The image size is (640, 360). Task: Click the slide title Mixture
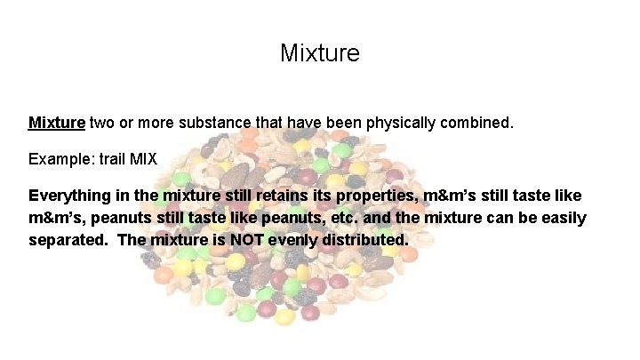tap(320, 53)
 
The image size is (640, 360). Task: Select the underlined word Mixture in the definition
tap(57, 122)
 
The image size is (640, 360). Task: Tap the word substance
tap(207, 122)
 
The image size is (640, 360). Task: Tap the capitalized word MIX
tap(143, 160)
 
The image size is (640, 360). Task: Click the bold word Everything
tap(71, 196)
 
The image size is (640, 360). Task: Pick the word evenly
tap(292, 241)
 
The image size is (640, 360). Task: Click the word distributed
tap(364, 241)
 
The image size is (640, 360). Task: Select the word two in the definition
tap(101, 122)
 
